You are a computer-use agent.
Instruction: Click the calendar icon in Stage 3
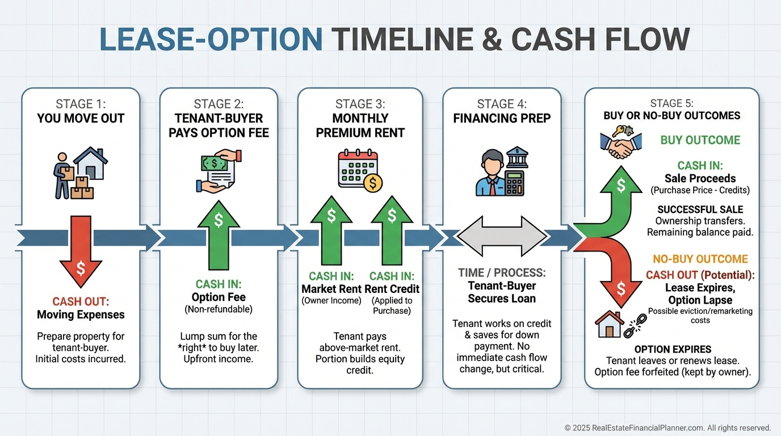point(356,169)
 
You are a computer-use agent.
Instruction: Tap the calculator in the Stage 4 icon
point(514,182)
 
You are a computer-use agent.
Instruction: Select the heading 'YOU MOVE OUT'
point(81,119)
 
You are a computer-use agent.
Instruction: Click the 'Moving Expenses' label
point(81,315)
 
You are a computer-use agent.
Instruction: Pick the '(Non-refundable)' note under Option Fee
point(219,309)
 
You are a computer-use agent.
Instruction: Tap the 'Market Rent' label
point(331,289)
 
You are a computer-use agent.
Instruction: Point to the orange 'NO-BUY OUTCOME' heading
point(700,259)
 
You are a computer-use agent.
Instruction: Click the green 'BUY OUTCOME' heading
point(700,140)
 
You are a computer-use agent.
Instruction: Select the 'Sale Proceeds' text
point(700,178)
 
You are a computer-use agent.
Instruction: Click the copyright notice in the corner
point(667,427)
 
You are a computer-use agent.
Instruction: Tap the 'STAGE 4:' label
point(502,104)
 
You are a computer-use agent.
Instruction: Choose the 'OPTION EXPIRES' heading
point(673,349)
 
